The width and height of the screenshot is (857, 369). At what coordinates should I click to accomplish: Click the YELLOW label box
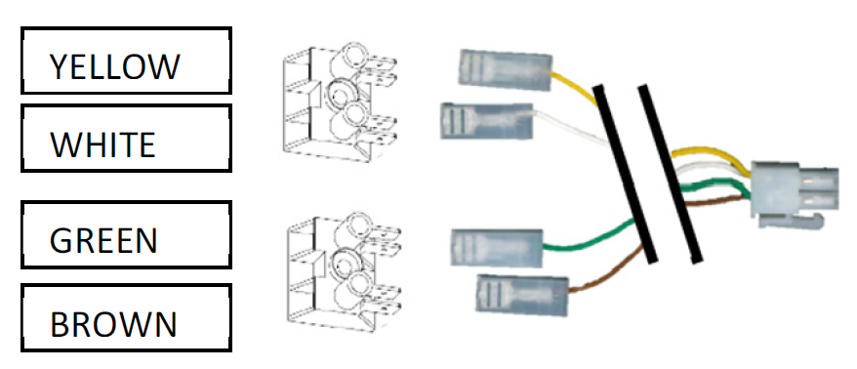[x=126, y=61]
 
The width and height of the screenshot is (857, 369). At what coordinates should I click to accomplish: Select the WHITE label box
[x=126, y=139]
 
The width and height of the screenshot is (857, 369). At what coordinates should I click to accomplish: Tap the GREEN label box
[x=126, y=234]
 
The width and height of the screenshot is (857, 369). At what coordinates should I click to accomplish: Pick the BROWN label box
[x=126, y=317]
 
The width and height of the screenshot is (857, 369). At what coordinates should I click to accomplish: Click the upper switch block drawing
[x=340, y=102]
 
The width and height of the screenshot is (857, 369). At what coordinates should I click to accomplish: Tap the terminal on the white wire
[x=487, y=121]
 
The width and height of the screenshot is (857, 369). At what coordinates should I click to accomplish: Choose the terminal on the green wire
[x=497, y=248]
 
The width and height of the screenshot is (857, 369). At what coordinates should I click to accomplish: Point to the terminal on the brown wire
[x=522, y=295]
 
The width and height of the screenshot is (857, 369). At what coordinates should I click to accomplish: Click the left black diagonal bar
[x=625, y=174]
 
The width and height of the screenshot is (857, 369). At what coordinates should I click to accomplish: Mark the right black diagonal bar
[x=670, y=174]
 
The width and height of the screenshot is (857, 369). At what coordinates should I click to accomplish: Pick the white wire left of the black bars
[x=571, y=125]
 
